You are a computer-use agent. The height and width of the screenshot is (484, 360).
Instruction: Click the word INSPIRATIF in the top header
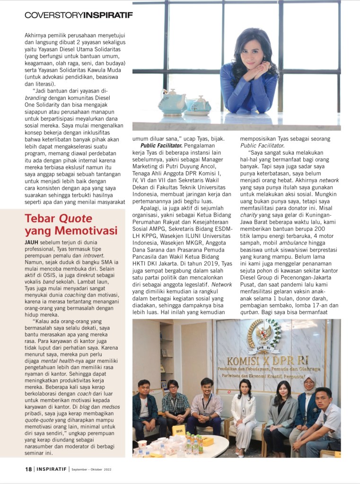tap(108, 15)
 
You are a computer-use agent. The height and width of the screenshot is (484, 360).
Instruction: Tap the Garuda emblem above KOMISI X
tap(257, 336)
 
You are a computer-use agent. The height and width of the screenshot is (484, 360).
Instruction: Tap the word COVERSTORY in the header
tap(53, 15)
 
